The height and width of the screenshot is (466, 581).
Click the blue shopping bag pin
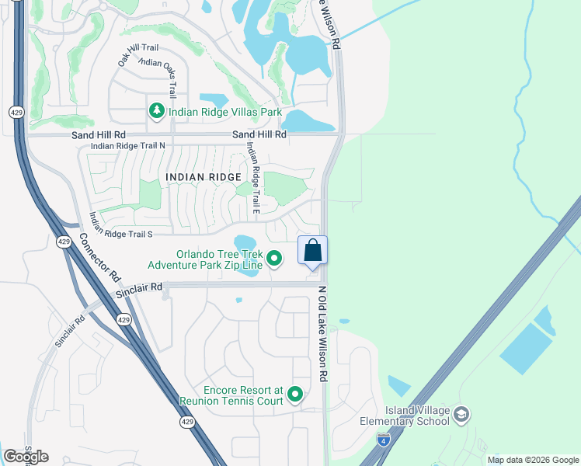(312, 252)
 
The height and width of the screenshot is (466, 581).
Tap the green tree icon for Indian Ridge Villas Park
(157, 112)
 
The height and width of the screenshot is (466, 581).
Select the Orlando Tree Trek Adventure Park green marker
(274, 258)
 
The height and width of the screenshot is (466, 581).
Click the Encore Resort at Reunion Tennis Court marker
(294, 395)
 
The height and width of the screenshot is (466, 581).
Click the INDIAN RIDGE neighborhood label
(199, 177)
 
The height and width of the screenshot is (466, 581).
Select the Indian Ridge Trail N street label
(128, 146)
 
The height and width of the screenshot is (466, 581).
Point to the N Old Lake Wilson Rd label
(322, 334)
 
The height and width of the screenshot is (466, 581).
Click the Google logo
(26, 457)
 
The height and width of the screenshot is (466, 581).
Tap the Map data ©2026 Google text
(533, 460)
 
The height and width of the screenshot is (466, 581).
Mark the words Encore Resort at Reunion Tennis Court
(230, 395)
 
